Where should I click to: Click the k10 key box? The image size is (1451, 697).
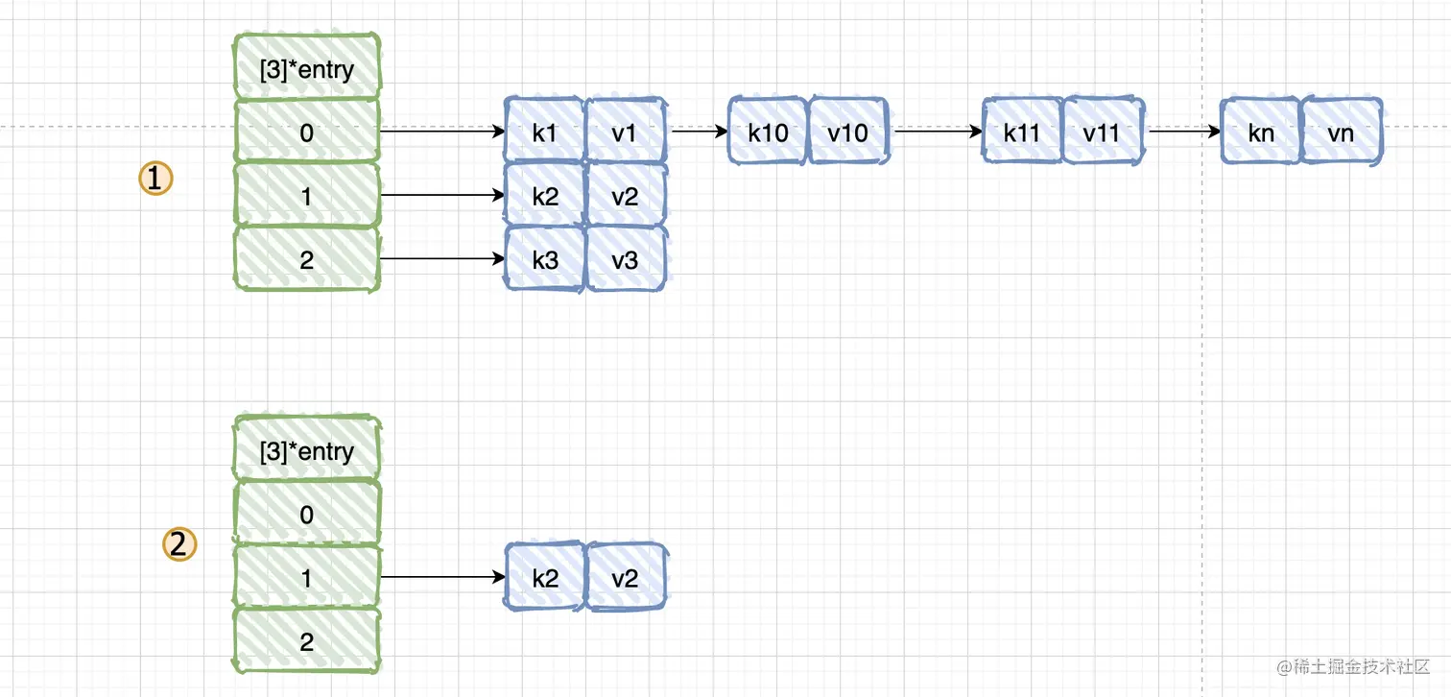tap(768, 131)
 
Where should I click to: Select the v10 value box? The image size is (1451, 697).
tap(848, 131)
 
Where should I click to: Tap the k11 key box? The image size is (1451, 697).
tap(1022, 131)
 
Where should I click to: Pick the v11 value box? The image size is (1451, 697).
tap(1102, 131)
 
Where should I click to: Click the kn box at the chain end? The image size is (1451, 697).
tap(1261, 131)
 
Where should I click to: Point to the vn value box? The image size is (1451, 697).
tap(1341, 131)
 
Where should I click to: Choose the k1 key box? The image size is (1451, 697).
tap(544, 131)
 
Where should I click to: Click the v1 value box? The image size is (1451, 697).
tap(625, 131)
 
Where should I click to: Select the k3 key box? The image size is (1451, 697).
tap(544, 259)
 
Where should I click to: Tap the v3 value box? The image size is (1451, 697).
tap(625, 259)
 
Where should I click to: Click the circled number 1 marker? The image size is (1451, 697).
tap(155, 178)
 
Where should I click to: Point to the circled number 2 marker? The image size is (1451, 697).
tap(178, 545)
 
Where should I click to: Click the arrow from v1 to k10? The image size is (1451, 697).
tap(699, 132)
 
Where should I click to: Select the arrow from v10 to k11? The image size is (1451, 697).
tap(937, 132)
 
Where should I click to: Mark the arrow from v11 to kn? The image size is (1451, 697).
tap(1182, 132)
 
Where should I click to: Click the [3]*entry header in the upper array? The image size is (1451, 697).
tap(307, 69)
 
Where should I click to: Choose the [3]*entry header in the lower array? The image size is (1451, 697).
tap(307, 451)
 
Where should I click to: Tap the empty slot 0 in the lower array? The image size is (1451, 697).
tap(307, 515)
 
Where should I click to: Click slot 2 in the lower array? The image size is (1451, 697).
tap(307, 641)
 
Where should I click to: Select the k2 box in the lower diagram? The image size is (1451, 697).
tap(544, 577)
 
